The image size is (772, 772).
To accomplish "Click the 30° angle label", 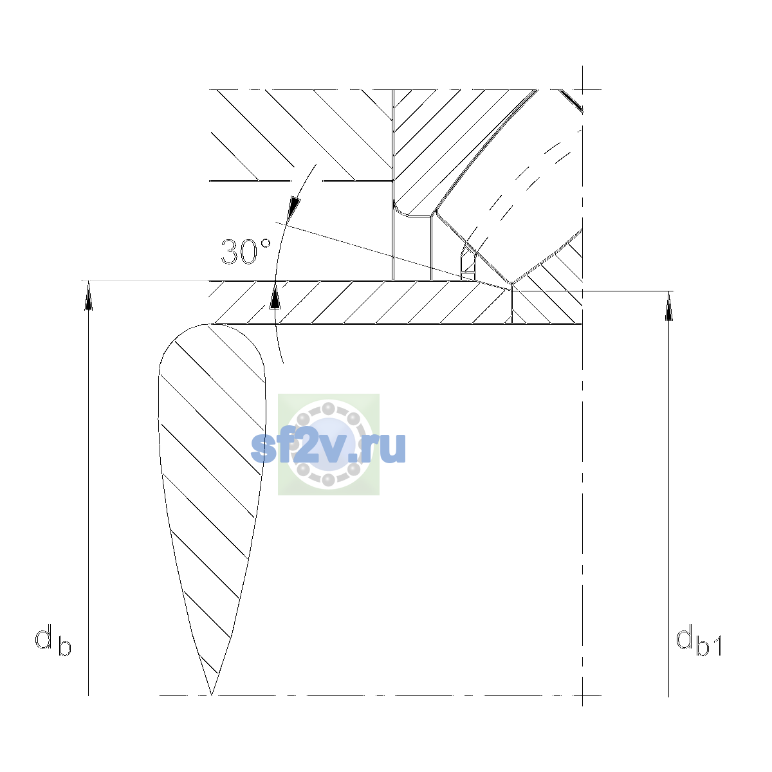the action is coord(246,252).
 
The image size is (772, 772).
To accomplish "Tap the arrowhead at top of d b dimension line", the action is coord(89,295).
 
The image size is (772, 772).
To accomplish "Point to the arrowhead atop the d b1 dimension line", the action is coord(668,306).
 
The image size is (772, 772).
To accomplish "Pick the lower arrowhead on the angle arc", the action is coord(275,295).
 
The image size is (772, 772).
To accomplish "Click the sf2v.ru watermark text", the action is coord(328,447).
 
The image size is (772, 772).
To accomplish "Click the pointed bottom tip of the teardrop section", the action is coord(212,695).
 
